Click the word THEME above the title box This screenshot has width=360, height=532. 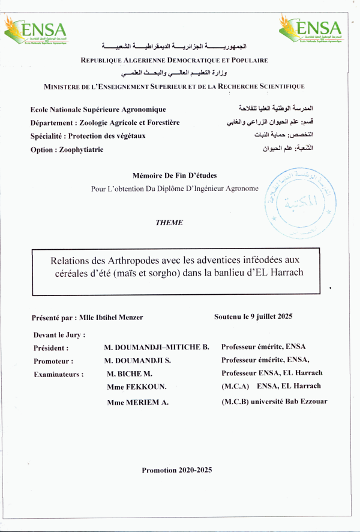[x=169, y=223]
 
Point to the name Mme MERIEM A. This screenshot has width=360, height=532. [x=137, y=403]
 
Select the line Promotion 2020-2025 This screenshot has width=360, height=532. [x=177, y=470]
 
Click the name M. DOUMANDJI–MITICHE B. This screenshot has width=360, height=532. [x=156, y=348]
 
